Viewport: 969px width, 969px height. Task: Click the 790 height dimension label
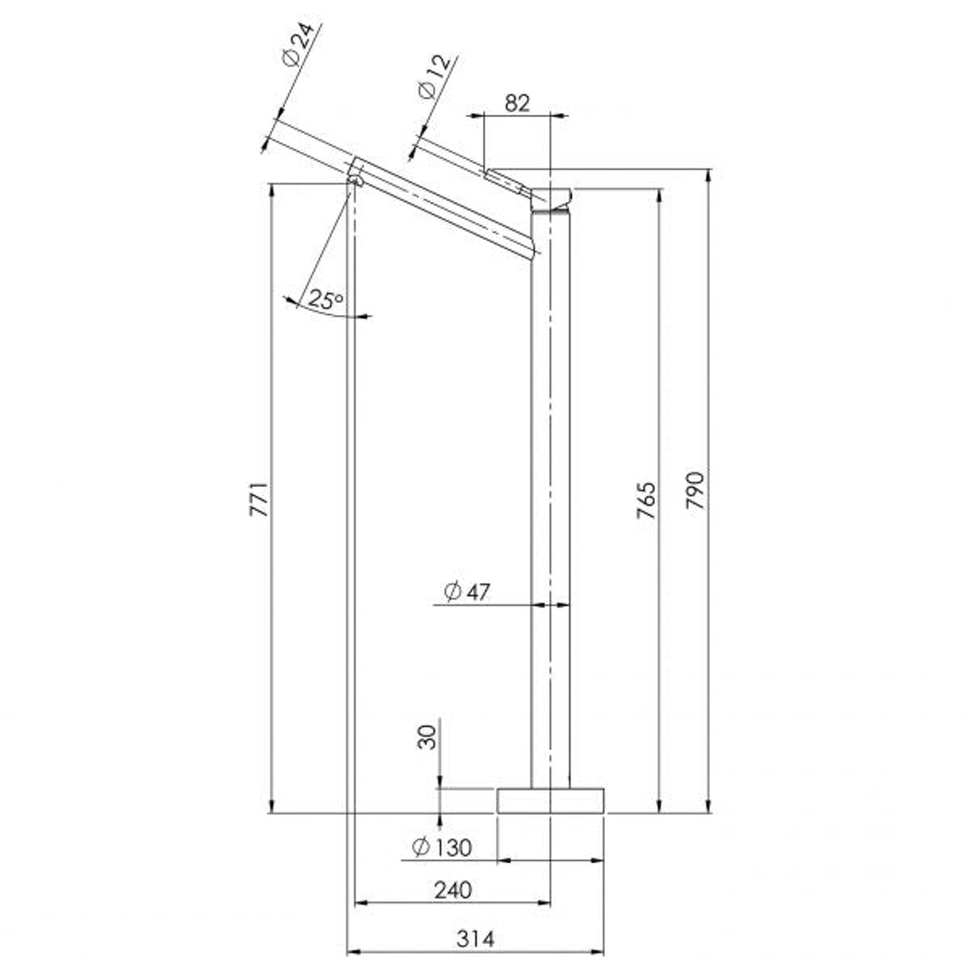696,489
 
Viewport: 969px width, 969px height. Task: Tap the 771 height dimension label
258,498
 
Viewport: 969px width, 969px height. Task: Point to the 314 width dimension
476,938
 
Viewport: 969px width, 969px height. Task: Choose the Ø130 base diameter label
441,846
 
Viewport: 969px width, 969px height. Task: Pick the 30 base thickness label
429,737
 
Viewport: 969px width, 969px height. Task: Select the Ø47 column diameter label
467,591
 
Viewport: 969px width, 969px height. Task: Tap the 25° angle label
326,300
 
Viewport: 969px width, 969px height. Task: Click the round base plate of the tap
550,800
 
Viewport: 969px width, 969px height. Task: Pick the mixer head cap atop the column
552,197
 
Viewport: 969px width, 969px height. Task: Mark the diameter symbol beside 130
419,846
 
